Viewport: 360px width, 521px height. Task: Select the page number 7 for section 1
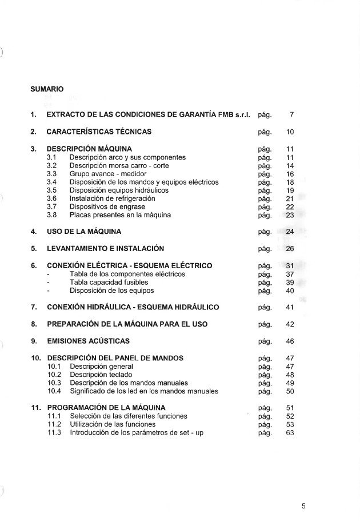coord(291,115)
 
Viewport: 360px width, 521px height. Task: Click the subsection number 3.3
coord(52,174)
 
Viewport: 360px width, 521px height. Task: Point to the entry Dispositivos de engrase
coord(107,207)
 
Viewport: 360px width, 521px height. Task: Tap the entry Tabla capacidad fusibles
coord(109,282)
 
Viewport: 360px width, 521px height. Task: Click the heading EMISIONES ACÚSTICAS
coord(88,341)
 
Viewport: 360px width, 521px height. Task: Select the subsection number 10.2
coord(54,375)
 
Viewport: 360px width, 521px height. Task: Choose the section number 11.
coord(35,408)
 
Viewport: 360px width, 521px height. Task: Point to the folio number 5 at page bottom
coord(304,506)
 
